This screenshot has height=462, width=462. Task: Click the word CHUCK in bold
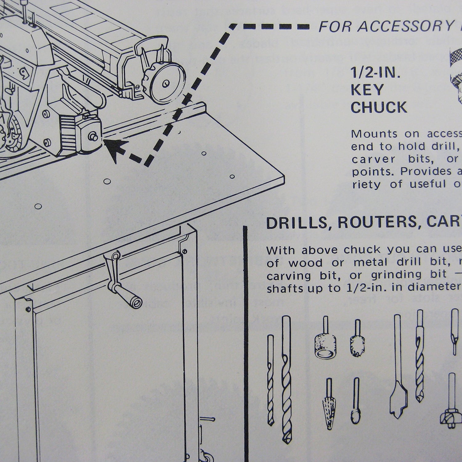[x=379, y=107]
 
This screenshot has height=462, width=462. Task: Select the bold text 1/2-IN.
[x=375, y=74]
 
